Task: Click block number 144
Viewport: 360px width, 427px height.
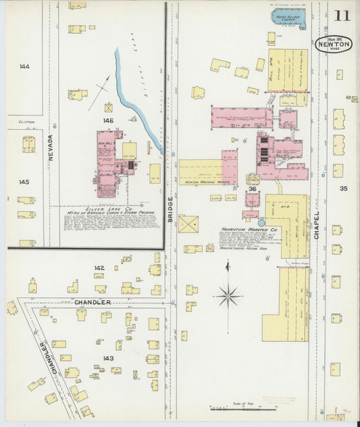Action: pyautogui.click(x=25, y=67)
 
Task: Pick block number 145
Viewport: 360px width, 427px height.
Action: pyautogui.click(x=24, y=182)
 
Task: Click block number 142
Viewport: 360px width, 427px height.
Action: pyautogui.click(x=99, y=268)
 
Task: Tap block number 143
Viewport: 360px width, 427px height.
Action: pyautogui.click(x=107, y=358)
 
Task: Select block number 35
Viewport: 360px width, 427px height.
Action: pyautogui.click(x=343, y=189)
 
